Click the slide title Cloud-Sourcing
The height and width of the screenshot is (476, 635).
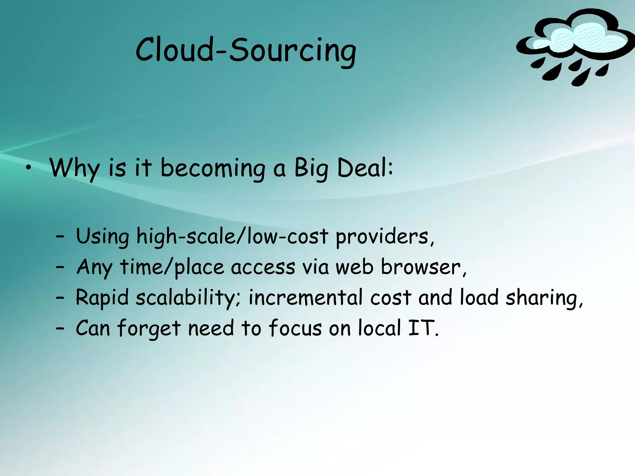[246, 50]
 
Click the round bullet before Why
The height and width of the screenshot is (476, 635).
[29, 168]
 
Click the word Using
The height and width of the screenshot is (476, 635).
[102, 236]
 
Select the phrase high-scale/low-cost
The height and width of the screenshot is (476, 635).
[232, 236]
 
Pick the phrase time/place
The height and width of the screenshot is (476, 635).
[172, 267]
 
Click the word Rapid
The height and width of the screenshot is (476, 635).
[102, 297]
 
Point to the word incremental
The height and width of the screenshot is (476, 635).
[305, 297]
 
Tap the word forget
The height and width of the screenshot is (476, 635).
[149, 328]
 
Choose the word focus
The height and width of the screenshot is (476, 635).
[295, 328]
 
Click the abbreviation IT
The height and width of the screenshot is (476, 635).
[421, 328]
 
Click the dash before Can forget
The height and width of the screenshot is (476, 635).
[60, 328]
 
